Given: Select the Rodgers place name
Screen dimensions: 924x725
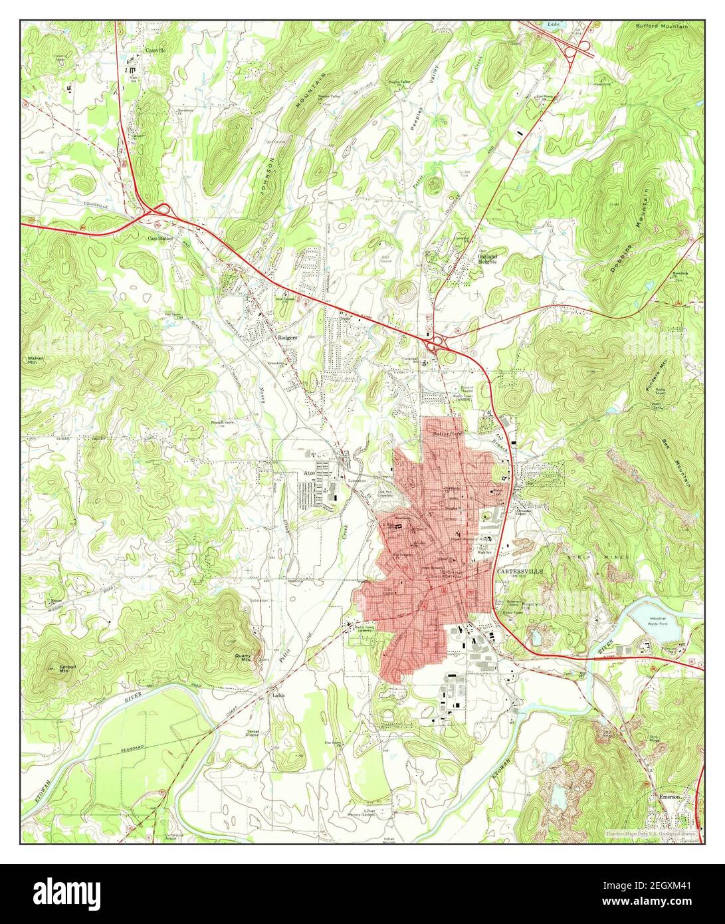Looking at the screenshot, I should [286, 338].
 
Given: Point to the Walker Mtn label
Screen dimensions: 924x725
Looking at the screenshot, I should [35, 361].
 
